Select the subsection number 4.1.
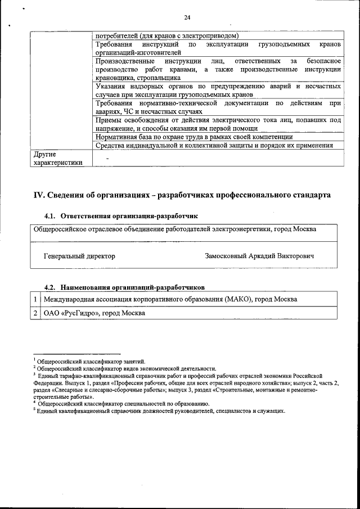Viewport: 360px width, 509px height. pos(51,216)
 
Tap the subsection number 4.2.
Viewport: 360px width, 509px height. pos(51,286)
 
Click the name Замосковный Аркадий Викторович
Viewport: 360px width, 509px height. pos(260,256)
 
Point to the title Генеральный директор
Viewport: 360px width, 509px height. pos(79,256)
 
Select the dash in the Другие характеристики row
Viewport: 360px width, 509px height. pos(107,158)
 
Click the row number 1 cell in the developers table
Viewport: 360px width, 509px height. pos(35,299)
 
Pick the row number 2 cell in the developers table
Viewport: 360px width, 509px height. pos(35,313)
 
